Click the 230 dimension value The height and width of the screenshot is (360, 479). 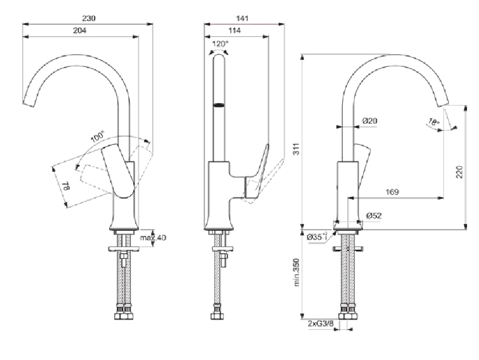88,18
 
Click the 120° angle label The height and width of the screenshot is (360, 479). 220,43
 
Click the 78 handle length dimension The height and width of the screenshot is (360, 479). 65,186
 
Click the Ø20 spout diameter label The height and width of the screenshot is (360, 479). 369,120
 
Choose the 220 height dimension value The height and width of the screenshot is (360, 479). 459,171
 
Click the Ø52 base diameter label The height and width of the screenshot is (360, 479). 373,216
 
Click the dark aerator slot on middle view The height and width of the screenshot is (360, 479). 219,105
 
